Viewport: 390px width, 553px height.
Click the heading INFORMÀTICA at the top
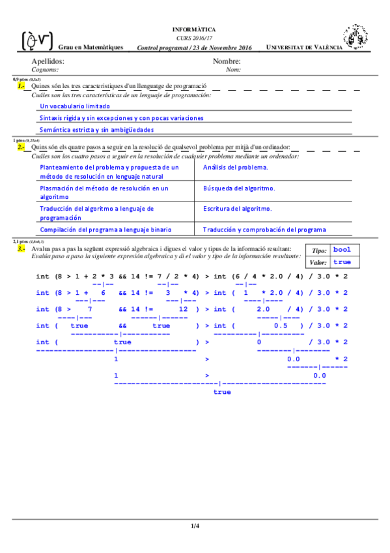[194, 30]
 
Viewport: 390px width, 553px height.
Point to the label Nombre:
[227, 61]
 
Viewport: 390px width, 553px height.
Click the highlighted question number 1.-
[21, 86]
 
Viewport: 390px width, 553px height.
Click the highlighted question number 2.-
[21, 147]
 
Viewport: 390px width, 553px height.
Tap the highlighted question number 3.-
[21, 249]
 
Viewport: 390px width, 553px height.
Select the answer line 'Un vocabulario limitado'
[75, 106]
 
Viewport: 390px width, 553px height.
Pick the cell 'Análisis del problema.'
[235, 168]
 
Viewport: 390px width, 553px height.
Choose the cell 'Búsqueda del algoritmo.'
[239, 188]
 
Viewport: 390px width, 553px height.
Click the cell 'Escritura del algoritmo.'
[237, 209]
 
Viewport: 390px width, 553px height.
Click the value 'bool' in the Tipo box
[342, 250]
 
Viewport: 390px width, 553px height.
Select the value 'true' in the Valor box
[342, 262]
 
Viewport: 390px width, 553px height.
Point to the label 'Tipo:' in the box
[319, 250]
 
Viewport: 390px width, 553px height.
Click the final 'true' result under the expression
[222, 392]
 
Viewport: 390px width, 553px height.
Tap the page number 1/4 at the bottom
[195, 526]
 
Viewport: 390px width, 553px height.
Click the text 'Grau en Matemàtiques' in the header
[91, 48]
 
